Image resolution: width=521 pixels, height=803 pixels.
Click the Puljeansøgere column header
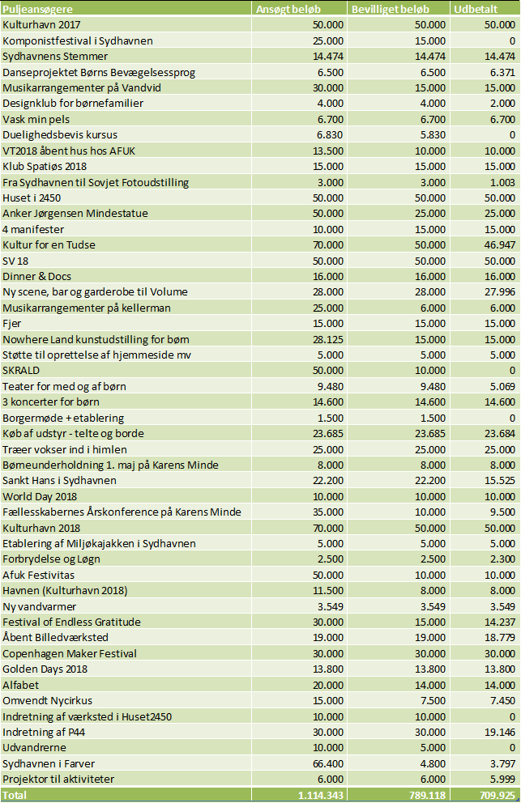tap(37, 9)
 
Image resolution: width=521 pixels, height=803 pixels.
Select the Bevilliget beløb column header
tap(391, 9)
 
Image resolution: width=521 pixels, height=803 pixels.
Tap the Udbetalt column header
tap(476, 9)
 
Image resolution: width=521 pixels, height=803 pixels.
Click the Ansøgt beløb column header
tap(288, 9)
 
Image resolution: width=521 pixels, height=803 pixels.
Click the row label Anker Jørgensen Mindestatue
tap(75, 214)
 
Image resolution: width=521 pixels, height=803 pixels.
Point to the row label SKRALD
tap(21, 370)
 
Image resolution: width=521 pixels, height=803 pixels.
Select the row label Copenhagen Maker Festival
tap(70, 653)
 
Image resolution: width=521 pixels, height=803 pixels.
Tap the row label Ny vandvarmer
tap(40, 606)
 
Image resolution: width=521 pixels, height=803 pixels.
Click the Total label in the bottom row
tap(15, 795)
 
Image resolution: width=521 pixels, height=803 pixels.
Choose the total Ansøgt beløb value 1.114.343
tap(321, 795)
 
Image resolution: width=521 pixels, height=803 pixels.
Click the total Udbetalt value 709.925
tap(498, 795)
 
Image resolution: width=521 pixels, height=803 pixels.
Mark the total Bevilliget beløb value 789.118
tap(428, 795)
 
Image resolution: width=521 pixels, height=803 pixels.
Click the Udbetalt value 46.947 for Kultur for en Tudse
tap(499, 244)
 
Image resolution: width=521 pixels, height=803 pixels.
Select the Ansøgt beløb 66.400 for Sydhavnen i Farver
tap(328, 763)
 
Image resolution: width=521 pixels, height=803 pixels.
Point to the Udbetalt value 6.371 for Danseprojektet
tap(502, 72)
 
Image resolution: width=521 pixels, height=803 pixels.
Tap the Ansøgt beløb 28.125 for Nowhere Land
tap(328, 339)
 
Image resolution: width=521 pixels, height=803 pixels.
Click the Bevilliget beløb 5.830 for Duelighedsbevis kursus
tap(433, 134)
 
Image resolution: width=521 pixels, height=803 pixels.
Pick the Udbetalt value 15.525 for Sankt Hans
tap(499, 480)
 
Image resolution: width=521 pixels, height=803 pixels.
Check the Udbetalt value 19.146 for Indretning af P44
tap(499, 732)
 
